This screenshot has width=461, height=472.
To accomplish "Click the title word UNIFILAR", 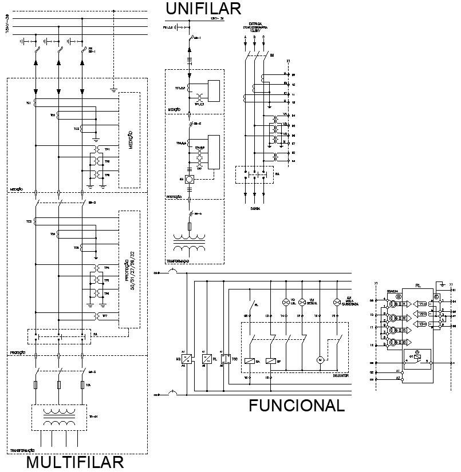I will (203, 9).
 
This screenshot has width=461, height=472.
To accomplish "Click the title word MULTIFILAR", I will (74, 462).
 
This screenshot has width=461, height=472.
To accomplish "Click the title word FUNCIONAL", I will (296, 406).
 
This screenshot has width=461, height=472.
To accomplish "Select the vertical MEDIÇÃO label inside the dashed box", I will (131, 140).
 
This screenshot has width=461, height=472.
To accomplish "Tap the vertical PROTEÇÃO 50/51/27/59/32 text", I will (129, 269).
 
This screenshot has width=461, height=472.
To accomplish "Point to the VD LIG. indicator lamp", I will (285, 302).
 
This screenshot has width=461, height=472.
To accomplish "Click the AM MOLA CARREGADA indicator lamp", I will (337, 302).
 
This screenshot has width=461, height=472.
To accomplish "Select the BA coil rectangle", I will (250, 360).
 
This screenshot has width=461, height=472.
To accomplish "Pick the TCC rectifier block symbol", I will (226, 359).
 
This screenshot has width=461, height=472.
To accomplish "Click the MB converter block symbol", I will (187, 359).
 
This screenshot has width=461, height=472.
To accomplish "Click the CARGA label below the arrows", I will (255, 209).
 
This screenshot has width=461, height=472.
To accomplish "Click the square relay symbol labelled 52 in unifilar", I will (188, 179).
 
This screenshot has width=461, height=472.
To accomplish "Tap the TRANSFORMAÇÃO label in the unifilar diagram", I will (178, 261).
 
